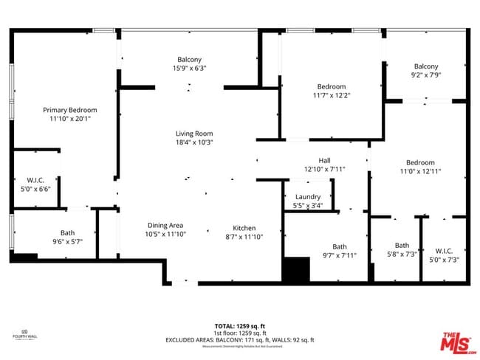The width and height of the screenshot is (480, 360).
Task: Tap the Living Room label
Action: (x=193, y=134)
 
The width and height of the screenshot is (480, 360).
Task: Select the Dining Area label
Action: (x=165, y=226)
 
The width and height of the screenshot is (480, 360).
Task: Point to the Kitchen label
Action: (x=244, y=228)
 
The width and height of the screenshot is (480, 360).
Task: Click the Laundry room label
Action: (x=307, y=197)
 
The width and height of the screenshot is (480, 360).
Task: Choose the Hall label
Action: (x=324, y=160)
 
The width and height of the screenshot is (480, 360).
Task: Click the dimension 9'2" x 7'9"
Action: (x=425, y=75)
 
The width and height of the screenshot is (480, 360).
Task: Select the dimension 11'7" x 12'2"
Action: (x=331, y=95)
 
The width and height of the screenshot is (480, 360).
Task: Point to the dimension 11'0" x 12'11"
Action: (x=419, y=171)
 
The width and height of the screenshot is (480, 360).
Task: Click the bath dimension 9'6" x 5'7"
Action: (x=68, y=241)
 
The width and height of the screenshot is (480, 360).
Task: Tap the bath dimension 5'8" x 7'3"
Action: (x=402, y=254)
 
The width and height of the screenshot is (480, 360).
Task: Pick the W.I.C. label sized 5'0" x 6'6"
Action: (x=35, y=189)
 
